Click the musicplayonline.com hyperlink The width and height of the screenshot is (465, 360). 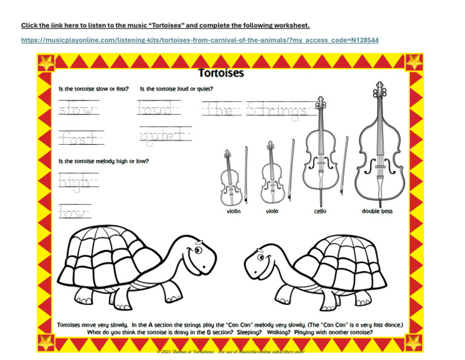coord(200,40)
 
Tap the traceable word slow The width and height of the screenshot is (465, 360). coord(79,110)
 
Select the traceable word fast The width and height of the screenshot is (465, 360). coord(81,138)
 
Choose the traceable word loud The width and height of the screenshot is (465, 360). coord(159,110)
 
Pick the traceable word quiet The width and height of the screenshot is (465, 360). coord(164,136)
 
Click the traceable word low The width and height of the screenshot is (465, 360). coord(74,212)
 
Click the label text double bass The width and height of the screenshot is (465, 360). coord(377,212)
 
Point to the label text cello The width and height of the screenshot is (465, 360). coord(320,212)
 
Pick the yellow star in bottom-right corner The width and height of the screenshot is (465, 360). coord(414,341)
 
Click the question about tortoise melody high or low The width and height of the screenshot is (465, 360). coord(104,161)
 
